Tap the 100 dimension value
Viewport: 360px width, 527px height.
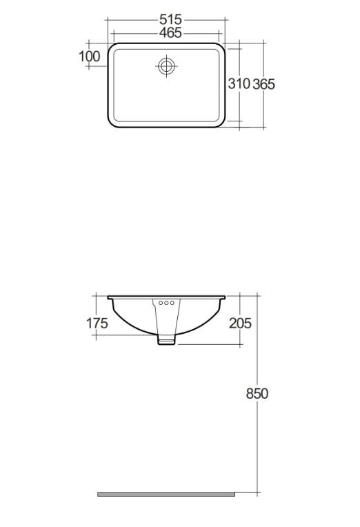(90, 56)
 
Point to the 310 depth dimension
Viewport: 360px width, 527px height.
(239, 83)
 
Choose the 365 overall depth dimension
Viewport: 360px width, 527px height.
(263, 83)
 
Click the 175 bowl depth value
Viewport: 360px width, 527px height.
(97, 323)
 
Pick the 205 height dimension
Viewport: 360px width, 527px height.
(240, 323)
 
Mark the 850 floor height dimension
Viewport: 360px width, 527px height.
(257, 393)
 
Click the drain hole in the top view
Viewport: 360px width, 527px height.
(166, 66)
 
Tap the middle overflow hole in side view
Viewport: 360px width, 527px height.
(166, 303)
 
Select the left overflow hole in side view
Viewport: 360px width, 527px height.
(161, 303)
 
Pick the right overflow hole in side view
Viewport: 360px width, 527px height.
(172, 303)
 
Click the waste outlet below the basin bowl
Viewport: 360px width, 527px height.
(166, 339)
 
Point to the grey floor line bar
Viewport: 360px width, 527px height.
(166, 494)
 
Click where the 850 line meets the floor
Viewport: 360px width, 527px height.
(257, 494)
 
